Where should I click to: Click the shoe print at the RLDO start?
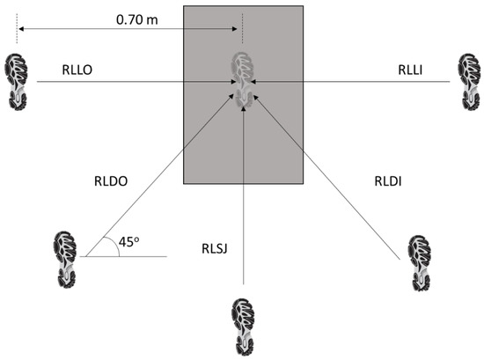coord(64,257)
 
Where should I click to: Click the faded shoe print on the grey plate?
coord(243,79)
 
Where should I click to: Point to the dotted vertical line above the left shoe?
coord(16,33)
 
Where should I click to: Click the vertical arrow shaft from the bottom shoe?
coord(243,220)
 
